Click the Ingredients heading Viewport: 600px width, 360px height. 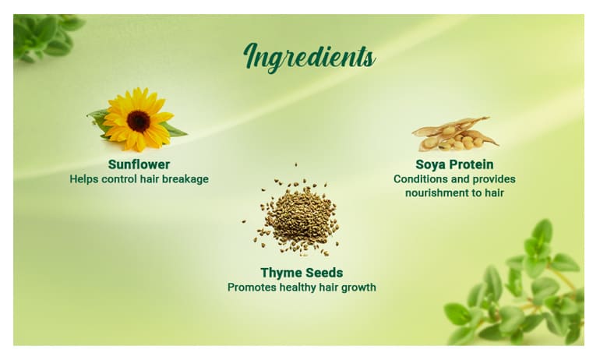(x=309, y=56)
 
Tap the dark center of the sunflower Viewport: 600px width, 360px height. (x=138, y=120)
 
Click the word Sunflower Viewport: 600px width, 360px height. (x=139, y=164)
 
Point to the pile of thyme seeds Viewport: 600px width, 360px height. (x=301, y=215)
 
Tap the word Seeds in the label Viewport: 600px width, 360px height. (x=323, y=273)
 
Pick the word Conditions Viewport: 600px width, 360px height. (x=421, y=179)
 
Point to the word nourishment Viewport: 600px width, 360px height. (x=437, y=192)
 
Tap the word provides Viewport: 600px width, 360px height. (x=493, y=179)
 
